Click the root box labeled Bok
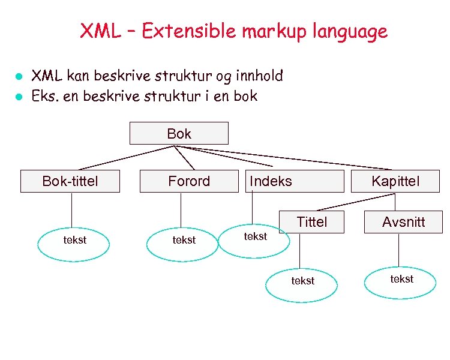tap(179, 133)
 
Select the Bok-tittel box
tap(70, 181)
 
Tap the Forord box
tap(189, 181)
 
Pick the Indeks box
tap(294, 181)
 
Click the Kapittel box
tap(395, 181)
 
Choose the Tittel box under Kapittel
tap(312, 222)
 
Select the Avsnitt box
tap(403, 222)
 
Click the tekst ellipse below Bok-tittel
tap(74, 244)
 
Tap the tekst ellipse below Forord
tap(183, 244)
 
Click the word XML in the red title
tap(100, 31)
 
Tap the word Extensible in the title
tap(190, 31)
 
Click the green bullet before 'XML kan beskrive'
tap(19, 77)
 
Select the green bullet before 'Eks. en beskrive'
tap(19, 97)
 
